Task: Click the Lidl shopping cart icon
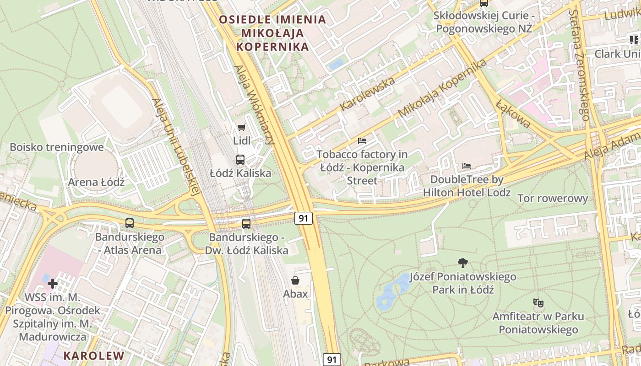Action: tap(241, 127)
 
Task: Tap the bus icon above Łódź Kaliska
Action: tap(240, 160)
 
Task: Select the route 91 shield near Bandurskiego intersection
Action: tap(303, 218)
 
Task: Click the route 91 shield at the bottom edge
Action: tap(331, 360)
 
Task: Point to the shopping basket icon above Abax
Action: tap(295, 280)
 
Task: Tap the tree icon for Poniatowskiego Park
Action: tap(463, 263)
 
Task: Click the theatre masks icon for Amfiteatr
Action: tap(538, 302)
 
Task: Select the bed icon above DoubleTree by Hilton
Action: tap(467, 166)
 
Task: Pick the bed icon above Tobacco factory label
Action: tap(362, 141)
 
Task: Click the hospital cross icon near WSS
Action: tap(53, 284)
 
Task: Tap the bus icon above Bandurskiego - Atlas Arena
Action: tap(130, 223)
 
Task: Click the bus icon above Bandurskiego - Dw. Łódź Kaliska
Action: tap(246, 224)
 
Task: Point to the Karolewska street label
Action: tap(368, 94)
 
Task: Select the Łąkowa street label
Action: tap(513, 114)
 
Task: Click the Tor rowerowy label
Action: tap(553, 198)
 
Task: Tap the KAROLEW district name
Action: tap(93, 355)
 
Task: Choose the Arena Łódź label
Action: tap(96, 182)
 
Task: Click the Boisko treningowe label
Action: tap(57, 147)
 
